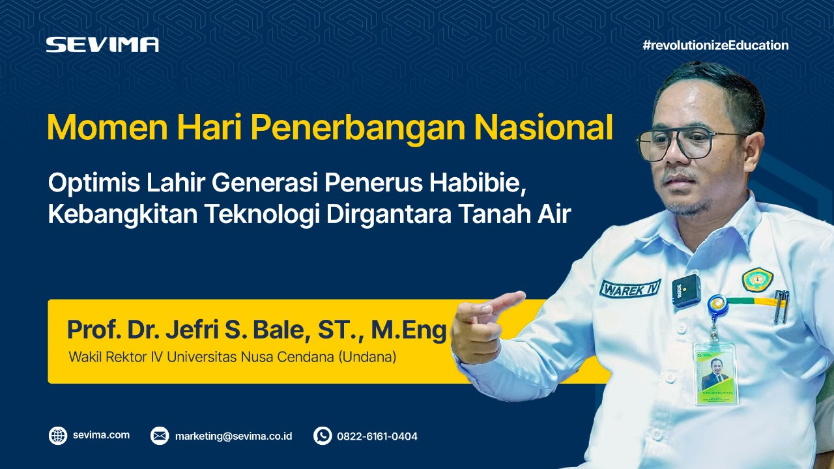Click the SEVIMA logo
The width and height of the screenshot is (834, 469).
[x=102, y=44]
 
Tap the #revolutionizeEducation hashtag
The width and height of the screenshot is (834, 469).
[x=715, y=45]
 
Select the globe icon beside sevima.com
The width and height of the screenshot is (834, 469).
[x=58, y=436]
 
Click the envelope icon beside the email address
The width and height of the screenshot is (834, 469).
[x=160, y=436]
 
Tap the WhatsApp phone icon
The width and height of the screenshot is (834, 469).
[x=323, y=436]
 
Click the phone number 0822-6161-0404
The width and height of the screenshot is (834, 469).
[x=377, y=436]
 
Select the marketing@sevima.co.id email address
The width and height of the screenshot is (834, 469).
[x=233, y=436]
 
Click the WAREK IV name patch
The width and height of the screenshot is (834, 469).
[x=630, y=288]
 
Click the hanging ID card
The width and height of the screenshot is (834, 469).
[x=715, y=372]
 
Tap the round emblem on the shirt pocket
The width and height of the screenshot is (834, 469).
[x=757, y=280]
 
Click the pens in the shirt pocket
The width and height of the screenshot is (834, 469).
[x=781, y=306]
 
